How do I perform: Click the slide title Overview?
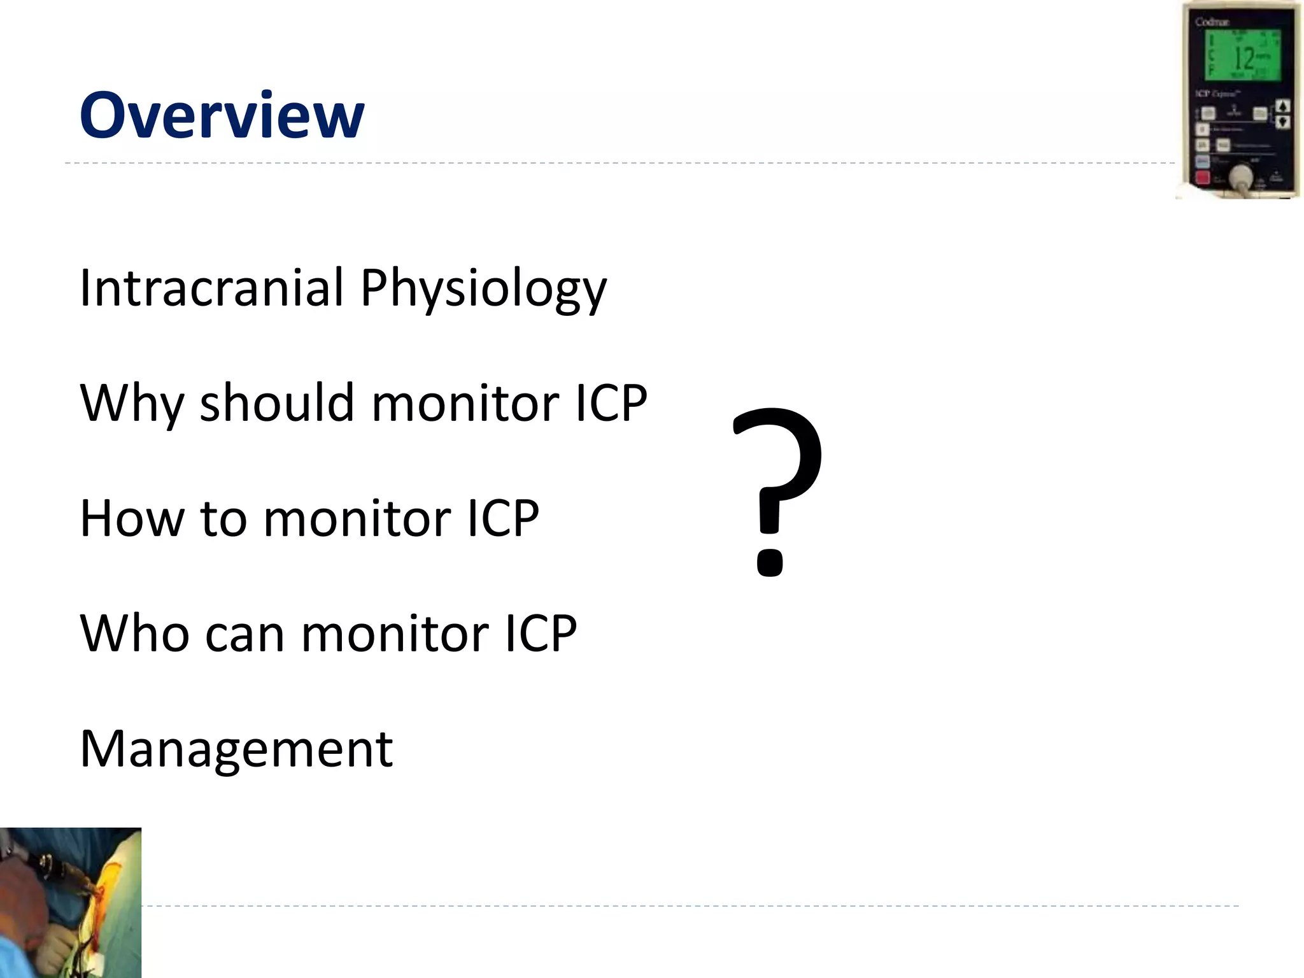222,115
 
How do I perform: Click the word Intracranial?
211,287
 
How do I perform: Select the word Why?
132,404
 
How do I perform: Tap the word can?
245,635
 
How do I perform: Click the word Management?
236,749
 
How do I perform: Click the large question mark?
777,490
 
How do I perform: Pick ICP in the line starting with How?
503,518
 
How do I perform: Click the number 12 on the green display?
1244,59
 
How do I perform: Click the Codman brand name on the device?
1212,22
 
